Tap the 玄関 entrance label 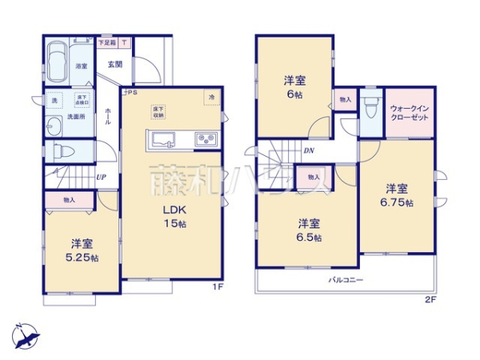tap(114, 65)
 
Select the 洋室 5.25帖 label tap(82, 251)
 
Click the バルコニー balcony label tap(346, 280)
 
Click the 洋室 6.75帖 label tap(398, 195)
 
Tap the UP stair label tap(101, 177)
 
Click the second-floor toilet tap(369, 108)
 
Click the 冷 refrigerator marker tap(212, 98)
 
